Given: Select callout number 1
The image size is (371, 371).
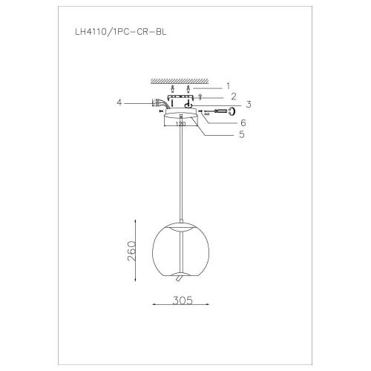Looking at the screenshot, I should click(229, 85).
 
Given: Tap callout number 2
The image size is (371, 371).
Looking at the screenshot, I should click(234, 96).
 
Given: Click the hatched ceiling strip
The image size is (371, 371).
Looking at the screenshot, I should click(180, 79).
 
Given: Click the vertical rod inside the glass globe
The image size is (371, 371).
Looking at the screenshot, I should click(180, 252).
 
